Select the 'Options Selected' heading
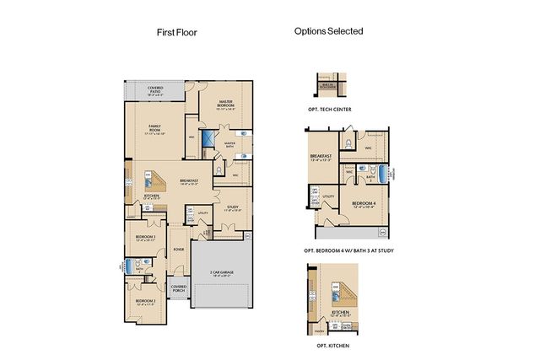pyautogui.click(x=328, y=31)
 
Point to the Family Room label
pyautogui.click(x=154, y=128)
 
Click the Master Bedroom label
pyautogui.click(x=225, y=105)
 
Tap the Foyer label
pyautogui.click(x=179, y=249)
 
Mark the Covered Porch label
pyautogui.click(x=179, y=288)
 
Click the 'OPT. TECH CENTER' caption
pyautogui.click(x=330, y=110)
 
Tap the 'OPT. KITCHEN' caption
pyautogui.click(x=328, y=346)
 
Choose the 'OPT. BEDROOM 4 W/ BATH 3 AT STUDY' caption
pyautogui.click(x=349, y=251)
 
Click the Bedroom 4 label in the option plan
pyautogui.click(x=363, y=205)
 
